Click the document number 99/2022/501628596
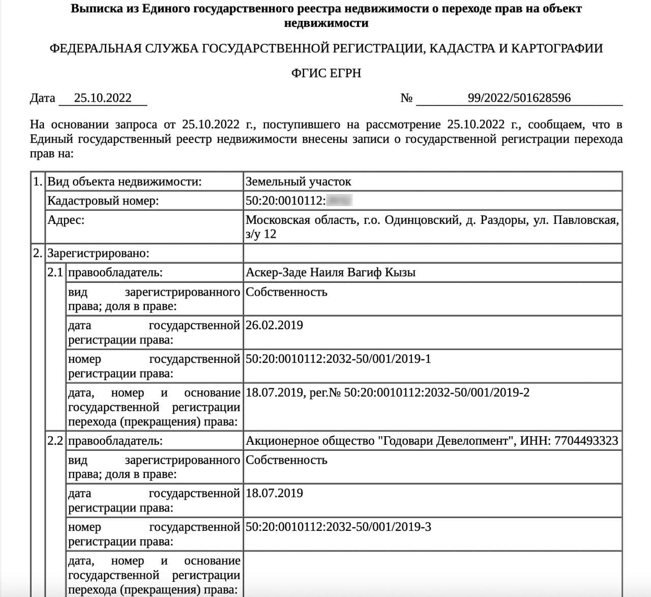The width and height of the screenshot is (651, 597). coord(519,98)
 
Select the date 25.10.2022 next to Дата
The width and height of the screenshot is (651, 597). coord(103,98)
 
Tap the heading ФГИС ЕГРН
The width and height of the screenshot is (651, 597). coord(326,73)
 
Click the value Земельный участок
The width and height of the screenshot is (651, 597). coord(298,181)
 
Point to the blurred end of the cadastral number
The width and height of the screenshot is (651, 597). coord(340,201)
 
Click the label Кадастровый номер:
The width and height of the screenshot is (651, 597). coord(103,201)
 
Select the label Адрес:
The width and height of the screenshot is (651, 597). coord(66,220)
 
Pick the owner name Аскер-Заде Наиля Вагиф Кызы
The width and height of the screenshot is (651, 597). coord(331,272)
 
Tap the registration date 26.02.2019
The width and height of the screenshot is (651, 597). coord(274,325)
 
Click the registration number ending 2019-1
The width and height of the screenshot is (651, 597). coord(338,359)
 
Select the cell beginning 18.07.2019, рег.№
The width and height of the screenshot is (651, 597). coord(387,392)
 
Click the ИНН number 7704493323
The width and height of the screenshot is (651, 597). coord(586,441)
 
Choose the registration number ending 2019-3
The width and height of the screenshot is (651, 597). coord(338,527)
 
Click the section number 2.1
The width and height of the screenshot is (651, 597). coord(55,272)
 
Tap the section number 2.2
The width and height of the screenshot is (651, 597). coord(55,441)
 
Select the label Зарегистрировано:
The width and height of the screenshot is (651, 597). coord(98,253)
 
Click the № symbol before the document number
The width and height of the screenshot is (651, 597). coord(406,98)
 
